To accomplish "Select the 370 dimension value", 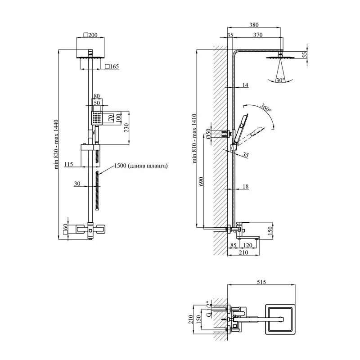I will [x=258, y=35].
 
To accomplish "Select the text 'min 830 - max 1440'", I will [x=58, y=144].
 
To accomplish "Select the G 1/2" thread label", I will [x=208, y=310].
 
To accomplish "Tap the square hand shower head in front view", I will [x=97, y=118].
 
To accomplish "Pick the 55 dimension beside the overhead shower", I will [x=304, y=54].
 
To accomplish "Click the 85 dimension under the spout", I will [x=233, y=246].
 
